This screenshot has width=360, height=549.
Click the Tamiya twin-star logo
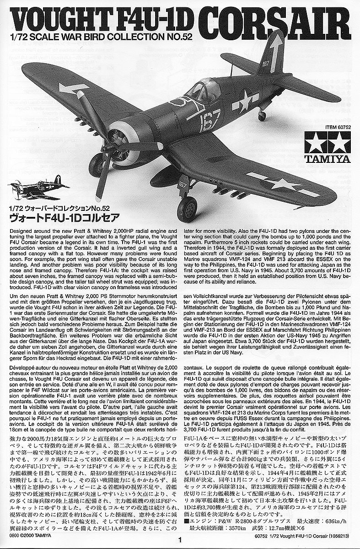328,145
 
